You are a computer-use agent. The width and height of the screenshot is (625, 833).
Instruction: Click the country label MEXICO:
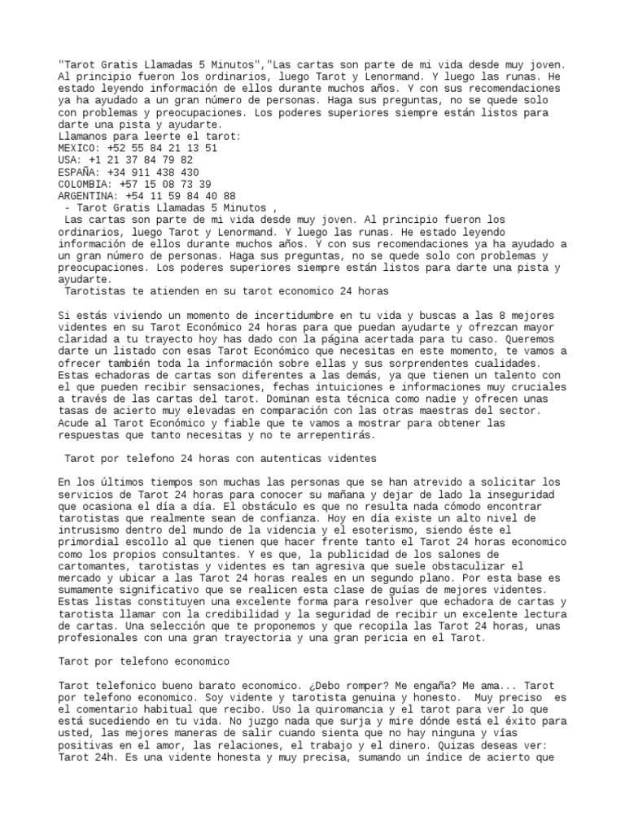pos(79,149)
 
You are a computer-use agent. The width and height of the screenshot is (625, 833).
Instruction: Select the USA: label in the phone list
pos(71,161)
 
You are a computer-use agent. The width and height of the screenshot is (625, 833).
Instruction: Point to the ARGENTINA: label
pos(88,196)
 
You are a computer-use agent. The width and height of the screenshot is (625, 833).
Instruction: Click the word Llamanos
pos(85,137)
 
